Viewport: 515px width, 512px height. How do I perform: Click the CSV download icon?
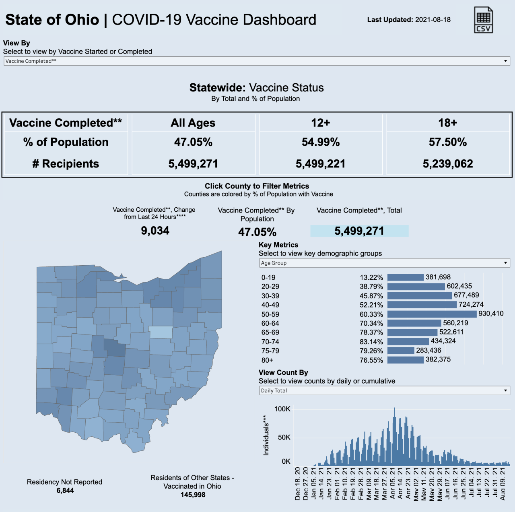click(x=483, y=20)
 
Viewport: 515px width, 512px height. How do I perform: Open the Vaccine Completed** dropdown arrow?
click(x=505, y=61)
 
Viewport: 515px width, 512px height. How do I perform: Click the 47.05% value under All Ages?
click(x=193, y=142)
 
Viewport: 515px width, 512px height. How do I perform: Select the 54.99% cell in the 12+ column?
click(x=321, y=142)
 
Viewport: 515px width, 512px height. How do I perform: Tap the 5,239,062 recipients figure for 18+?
click(x=448, y=164)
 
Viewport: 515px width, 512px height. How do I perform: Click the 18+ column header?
click(x=448, y=123)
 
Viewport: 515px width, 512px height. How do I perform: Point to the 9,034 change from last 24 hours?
click(x=155, y=231)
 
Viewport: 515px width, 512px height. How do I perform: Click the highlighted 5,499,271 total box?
click(x=359, y=231)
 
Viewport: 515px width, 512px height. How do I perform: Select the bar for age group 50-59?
click(x=432, y=314)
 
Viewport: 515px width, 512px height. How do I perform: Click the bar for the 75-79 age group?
click(x=401, y=351)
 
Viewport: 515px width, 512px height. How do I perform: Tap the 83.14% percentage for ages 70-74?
click(x=371, y=342)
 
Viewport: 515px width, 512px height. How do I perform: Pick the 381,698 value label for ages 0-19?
click(x=438, y=277)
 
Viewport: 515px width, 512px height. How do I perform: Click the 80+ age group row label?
click(x=267, y=360)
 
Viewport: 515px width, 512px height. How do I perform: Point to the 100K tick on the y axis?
click(x=282, y=409)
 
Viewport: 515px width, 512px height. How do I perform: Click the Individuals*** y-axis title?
click(x=266, y=436)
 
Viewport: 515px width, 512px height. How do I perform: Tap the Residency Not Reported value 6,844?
click(x=65, y=490)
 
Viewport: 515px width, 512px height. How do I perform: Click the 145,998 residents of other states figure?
click(x=193, y=495)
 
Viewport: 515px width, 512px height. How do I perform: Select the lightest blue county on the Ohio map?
click(x=161, y=332)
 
